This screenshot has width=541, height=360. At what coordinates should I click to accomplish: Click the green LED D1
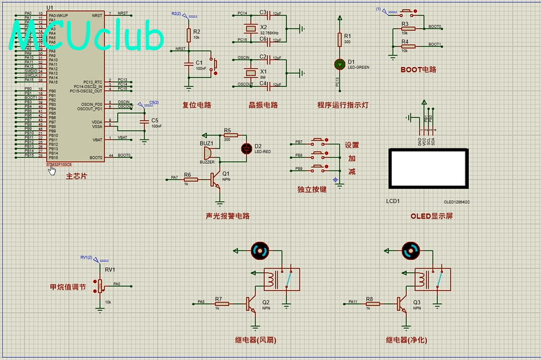coord(340,64)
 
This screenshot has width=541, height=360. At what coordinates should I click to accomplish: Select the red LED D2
coord(245,148)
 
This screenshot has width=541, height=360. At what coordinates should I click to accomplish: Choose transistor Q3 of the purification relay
coord(402,304)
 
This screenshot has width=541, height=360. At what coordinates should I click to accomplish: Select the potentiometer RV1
coord(100,285)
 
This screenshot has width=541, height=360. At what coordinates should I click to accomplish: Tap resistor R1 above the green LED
coord(340,40)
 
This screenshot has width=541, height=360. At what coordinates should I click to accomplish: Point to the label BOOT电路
coord(418,69)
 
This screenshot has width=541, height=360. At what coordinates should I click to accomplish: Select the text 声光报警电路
coord(227,216)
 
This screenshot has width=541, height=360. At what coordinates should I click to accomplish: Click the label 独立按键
coord(312,190)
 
